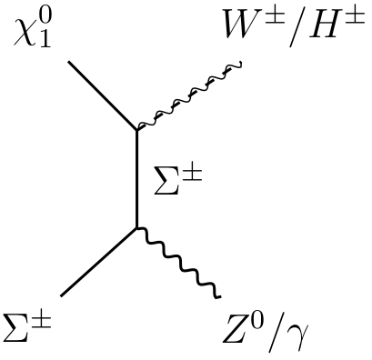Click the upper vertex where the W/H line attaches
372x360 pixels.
point(136,130)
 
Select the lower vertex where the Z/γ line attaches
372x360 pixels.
point(136,227)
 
